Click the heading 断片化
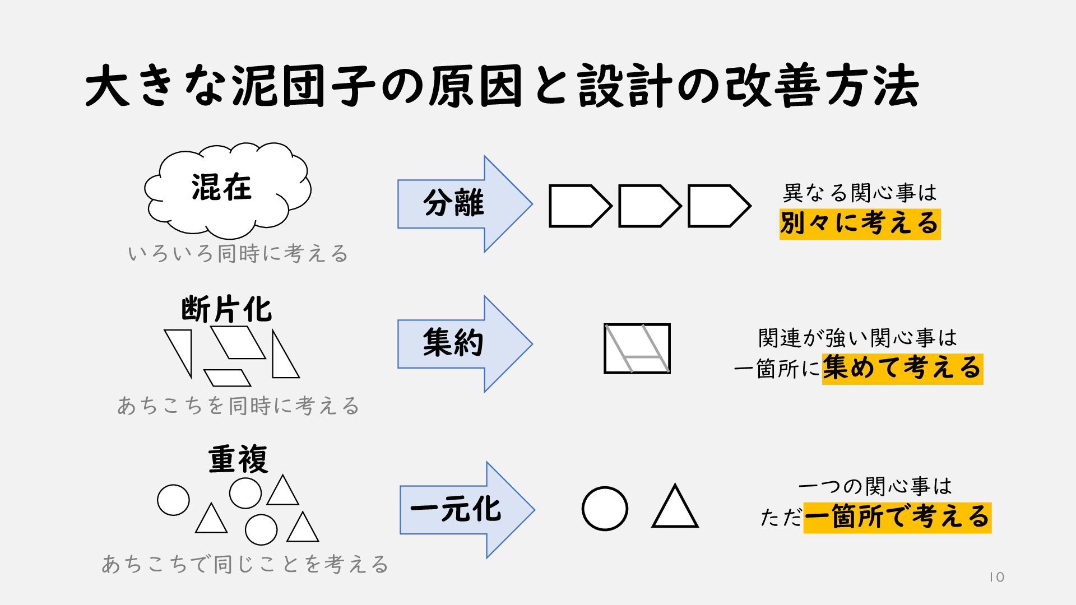click(x=226, y=310)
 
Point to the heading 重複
click(x=238, y=459)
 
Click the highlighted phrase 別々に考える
click(x=859, y=224)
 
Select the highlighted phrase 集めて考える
click(x=902, y=368)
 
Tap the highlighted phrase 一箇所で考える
click(x=897, y=517)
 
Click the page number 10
click(x=996, y=578)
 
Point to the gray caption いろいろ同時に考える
click(x=238, y=254)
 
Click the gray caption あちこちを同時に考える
click(x=238, y=406)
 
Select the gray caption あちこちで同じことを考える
click(x=245, y=564)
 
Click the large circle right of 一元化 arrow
click(x=605, y=509)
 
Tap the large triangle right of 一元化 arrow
click(x=675, y=508)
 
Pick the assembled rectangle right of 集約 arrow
click(x=637, y=348)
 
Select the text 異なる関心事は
click(x=859, y=193)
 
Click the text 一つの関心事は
click(x=875, y=486)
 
